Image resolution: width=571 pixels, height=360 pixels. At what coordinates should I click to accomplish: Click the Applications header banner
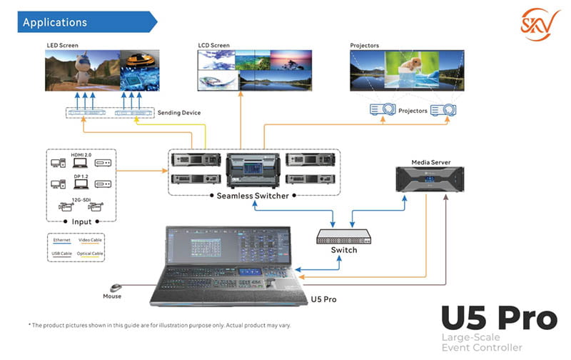coord(79,22)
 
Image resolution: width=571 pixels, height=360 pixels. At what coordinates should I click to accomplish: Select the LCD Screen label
coord(214,46)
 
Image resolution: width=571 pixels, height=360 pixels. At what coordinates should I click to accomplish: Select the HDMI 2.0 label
coord(80,156)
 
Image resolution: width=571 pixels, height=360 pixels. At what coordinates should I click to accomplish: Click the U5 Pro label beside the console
coord(324,299)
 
